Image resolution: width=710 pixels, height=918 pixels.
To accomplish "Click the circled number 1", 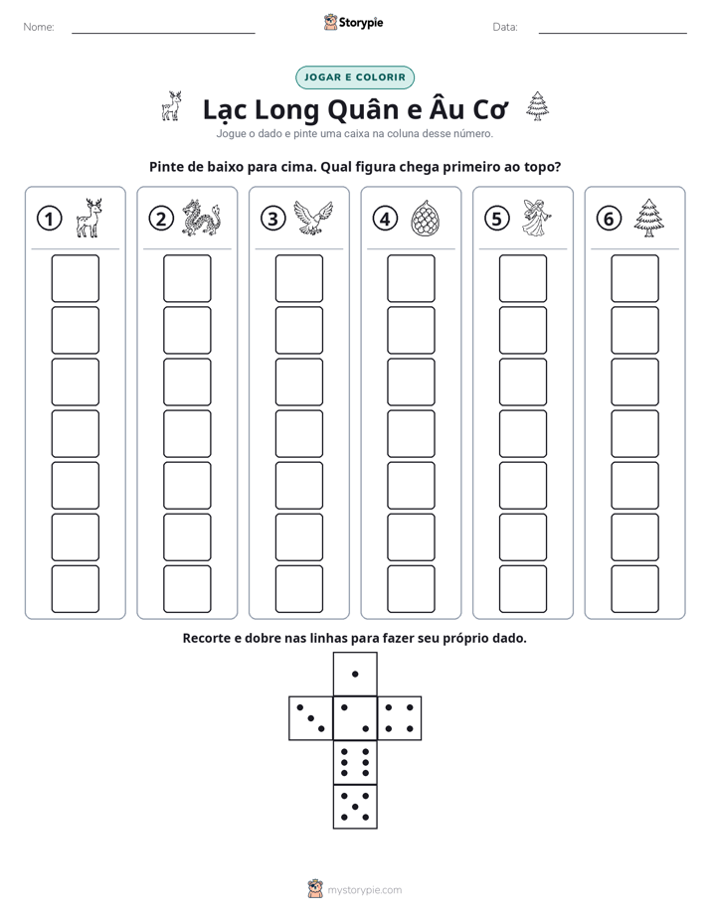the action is pos(49,219).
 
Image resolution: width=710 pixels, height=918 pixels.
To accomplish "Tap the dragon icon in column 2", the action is pos(200,218).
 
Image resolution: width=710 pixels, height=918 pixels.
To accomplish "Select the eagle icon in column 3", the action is pos(313,218).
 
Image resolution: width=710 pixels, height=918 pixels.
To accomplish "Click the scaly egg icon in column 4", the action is pos(425,219).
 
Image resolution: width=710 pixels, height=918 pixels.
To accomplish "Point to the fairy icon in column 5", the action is pos(537,218).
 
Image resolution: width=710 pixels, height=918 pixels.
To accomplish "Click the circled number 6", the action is pos(609,219).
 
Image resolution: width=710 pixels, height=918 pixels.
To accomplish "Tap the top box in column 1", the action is pos(75,278).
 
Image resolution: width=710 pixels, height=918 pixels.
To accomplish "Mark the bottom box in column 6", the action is pos(634,589).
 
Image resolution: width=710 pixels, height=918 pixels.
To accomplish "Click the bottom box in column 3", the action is pos(298,589).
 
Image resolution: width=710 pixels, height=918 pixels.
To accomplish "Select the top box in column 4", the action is pos(411,278).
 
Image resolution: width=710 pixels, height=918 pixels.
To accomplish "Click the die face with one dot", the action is pos(355,674).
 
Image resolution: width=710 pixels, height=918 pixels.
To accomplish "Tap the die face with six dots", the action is pos(355,762).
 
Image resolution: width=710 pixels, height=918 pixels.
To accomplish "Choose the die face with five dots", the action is pos(355,807).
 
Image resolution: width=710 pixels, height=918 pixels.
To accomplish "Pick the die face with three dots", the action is pos(311,717).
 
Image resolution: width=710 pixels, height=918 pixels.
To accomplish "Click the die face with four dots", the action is pos(400,717).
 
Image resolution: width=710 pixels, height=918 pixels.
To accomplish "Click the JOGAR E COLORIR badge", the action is pos(355,77).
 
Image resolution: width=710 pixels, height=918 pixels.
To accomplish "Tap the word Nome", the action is pos(39,27).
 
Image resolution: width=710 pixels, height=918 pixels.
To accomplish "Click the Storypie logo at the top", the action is pos(354,23).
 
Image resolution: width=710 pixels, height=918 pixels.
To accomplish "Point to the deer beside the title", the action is pos(172,106).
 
